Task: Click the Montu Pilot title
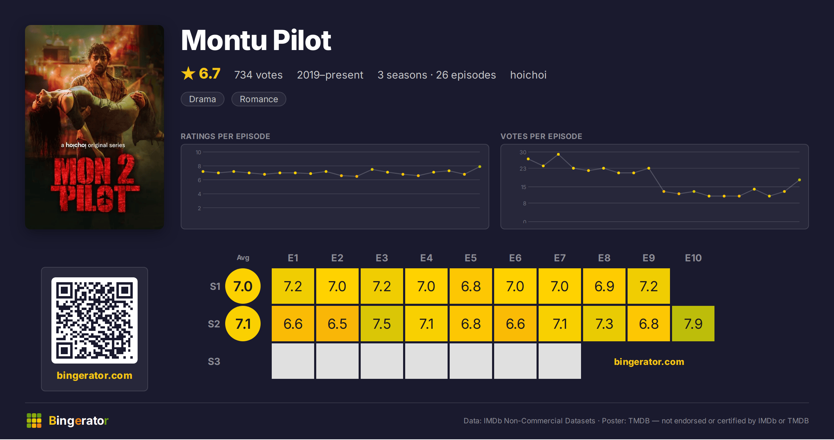coord(256,40)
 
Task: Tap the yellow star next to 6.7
coord(188,73)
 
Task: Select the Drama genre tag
coord(203,99)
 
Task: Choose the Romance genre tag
coord(259,99)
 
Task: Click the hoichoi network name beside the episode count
coord(528,75)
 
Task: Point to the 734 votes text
coord(259,75)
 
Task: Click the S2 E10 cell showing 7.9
coord(693,324)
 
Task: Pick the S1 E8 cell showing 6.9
coord(604,286)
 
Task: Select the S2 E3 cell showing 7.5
coord(382,324)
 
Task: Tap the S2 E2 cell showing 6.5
coord(337,324)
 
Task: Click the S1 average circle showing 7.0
coord(243,286)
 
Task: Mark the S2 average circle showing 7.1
coord(243,324)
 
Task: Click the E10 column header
coord(693,258)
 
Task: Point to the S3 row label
coord(214,361)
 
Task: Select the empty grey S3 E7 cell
coord(560,361)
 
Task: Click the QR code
coord(95,320)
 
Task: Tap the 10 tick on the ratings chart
coord(198,152)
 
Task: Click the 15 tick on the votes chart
coord(523,187)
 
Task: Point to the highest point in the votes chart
coord(558,154)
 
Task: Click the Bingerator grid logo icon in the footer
coord(34,421)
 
